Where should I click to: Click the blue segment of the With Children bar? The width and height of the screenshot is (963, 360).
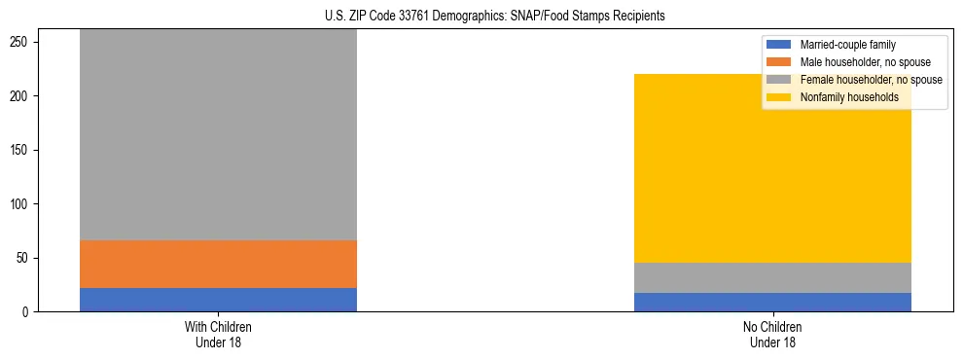pos(218,300)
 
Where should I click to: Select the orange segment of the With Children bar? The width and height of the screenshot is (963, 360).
pos(218,264)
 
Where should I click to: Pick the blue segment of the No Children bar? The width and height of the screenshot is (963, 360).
pos(772,302)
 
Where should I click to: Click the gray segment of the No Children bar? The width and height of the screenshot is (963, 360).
pos(772,277)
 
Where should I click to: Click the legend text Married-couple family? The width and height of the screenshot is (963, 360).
pos(847,45)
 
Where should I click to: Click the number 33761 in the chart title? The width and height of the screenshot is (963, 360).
pos(410,17)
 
